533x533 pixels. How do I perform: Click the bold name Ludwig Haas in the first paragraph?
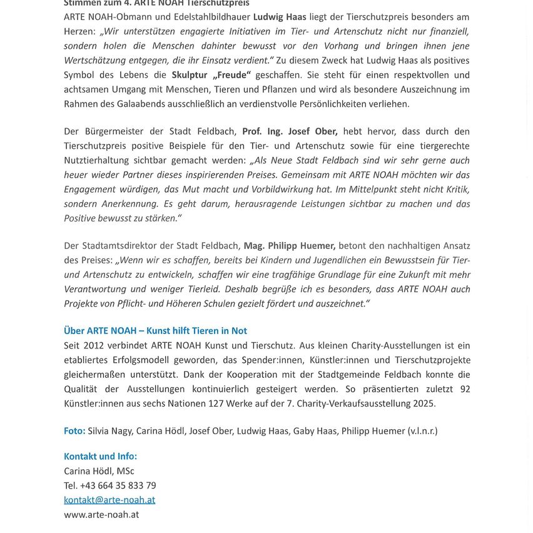pos(280,17)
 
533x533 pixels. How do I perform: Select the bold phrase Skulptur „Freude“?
pos(211,75)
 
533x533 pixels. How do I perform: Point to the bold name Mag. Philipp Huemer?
pos(290,246)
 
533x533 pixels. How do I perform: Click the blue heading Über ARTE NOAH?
pos(155,331)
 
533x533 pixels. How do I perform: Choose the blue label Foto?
pos(74,431)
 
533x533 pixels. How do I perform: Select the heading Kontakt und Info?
pos(100,457)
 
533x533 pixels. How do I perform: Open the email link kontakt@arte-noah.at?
pos(109,500)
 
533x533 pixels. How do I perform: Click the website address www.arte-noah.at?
pos(101,515)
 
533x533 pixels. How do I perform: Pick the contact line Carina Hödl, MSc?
pos(99,471)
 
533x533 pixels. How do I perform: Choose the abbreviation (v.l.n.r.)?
pos(423,431)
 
